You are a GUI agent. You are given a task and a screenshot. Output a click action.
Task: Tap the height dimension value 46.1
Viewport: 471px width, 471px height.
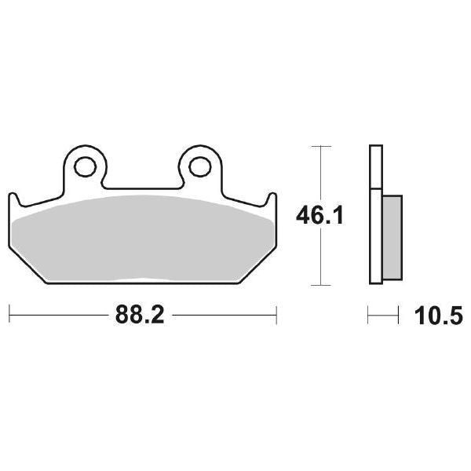pos(319,216)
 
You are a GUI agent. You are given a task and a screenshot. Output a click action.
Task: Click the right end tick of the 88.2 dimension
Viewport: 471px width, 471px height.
pos(276,316)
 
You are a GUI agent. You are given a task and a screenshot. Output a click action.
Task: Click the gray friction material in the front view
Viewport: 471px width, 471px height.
pos(141,239)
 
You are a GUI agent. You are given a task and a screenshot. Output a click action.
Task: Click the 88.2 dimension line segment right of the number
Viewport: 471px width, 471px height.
pos(224,316)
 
